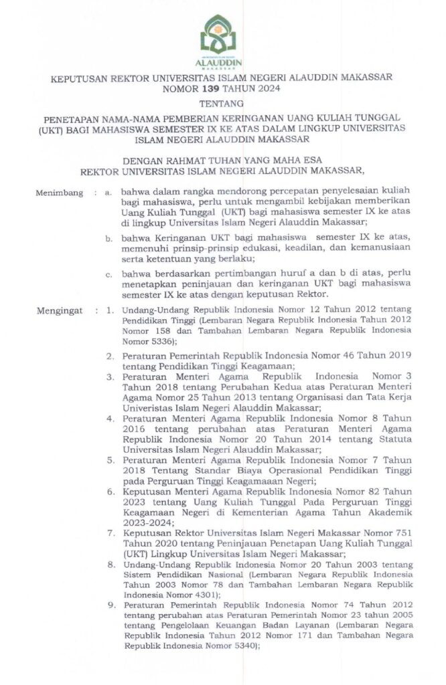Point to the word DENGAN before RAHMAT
[144, 161]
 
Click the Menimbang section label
[58, 193]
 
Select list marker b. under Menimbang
[108, 237]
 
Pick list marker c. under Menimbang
[108, 274]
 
